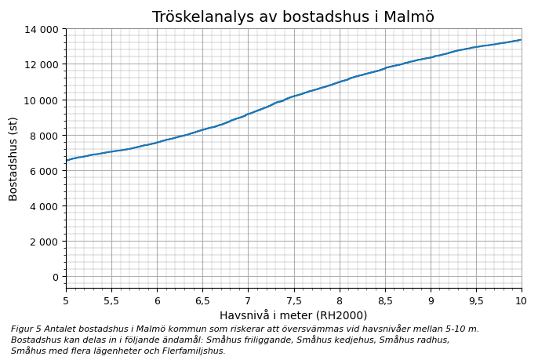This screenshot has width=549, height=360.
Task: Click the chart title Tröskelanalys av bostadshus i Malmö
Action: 293,17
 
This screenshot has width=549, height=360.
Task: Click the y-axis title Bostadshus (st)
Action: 13,158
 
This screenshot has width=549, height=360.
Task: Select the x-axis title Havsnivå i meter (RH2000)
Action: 293,315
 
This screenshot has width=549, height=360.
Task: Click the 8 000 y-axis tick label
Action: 42,135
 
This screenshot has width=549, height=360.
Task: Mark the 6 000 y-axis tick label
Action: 42,170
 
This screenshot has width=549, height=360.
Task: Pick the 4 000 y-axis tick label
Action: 42,205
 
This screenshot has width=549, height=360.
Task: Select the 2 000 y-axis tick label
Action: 42,241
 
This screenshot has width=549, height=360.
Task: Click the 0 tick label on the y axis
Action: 54,276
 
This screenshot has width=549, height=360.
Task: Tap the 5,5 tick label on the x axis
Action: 111,300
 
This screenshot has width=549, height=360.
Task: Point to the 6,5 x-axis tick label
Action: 202,300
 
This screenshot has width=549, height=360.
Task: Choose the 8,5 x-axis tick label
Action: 384,300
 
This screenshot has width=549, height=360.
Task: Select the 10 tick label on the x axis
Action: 522,300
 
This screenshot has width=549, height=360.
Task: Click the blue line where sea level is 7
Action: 248,114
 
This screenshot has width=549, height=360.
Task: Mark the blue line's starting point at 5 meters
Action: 67,160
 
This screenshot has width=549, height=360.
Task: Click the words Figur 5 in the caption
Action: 24,329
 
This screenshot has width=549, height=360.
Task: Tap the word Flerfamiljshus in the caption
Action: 199,351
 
